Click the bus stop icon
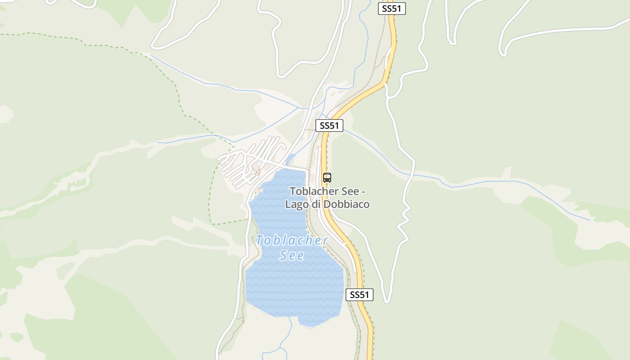(x=327, y=177)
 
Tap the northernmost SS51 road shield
(x=391, y=9)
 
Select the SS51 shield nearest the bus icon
(x=329, y=126)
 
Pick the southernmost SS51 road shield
(x=360, y=295)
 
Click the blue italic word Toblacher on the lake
(x=292, y=240)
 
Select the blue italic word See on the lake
(x=292, y=256)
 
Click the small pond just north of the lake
(x=290, y=159)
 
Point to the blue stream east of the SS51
(x=495, y=182)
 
